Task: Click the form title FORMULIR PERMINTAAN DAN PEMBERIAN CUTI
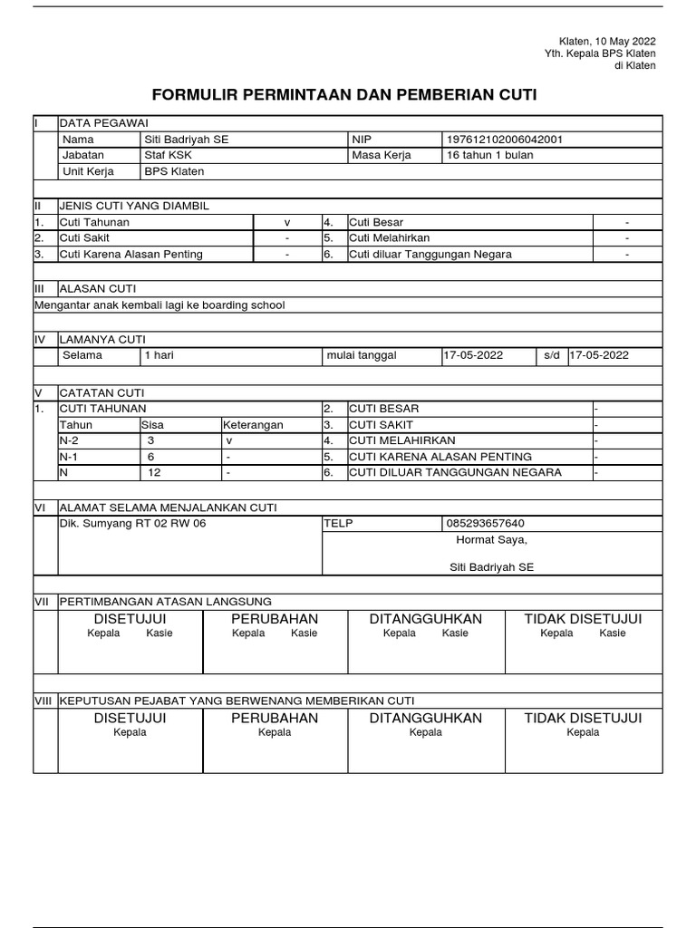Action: tap(349, 94)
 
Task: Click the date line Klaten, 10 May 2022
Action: tap(606, 42)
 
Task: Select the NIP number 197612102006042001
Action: tap(505, 140)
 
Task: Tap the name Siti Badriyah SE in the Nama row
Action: tap(187, 140)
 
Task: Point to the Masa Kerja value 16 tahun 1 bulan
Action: tap(490, 155)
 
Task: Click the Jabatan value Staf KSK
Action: tap(168, 155)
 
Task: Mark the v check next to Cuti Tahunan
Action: tap(286, 222)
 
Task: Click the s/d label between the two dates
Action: tap(552, 355)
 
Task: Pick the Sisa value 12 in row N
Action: tap(154, 472)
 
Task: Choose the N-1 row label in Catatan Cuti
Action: tap(69, 457)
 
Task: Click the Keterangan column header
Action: tap(253, 425)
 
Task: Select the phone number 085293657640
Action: tap(486, 524)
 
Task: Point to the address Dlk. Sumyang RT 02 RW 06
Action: tap(132, 524)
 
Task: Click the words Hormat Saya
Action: tap(490, 540)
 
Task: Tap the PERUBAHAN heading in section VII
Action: tap(275, 618)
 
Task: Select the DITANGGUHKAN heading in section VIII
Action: tap(425, 718)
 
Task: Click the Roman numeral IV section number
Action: tap(39, 339)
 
